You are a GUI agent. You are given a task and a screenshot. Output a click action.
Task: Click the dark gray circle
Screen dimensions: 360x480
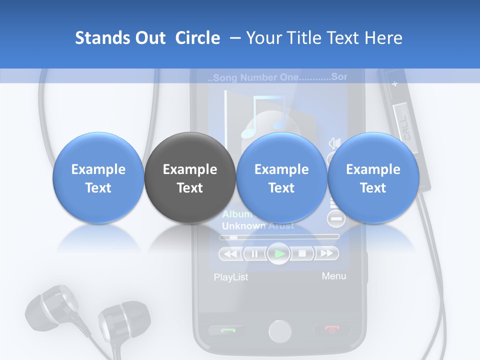click(189, 178)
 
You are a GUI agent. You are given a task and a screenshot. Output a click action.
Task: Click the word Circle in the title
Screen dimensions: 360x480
click(197, 38)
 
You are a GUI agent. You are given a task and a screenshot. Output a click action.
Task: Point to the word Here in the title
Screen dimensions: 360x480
click(384, 38)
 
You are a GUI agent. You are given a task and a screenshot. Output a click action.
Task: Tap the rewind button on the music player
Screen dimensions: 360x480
click(230, 253)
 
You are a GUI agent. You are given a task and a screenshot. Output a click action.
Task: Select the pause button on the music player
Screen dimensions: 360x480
click(255, 253)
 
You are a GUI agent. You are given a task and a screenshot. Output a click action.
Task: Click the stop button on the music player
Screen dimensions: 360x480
click(302, 253)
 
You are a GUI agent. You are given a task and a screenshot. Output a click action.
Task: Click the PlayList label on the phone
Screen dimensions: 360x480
click(230, 277)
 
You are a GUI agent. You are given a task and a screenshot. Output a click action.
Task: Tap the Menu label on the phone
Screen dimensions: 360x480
click(333, 276)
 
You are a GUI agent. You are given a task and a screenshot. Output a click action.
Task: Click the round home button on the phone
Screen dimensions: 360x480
click(279, 331)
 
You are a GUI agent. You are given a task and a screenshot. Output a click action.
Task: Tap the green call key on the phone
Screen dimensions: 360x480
click(227, 329)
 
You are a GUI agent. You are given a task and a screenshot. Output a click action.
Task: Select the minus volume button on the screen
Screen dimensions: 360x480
click(336, 218)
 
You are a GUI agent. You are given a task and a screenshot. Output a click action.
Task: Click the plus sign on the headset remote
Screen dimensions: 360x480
click(394, 84)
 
